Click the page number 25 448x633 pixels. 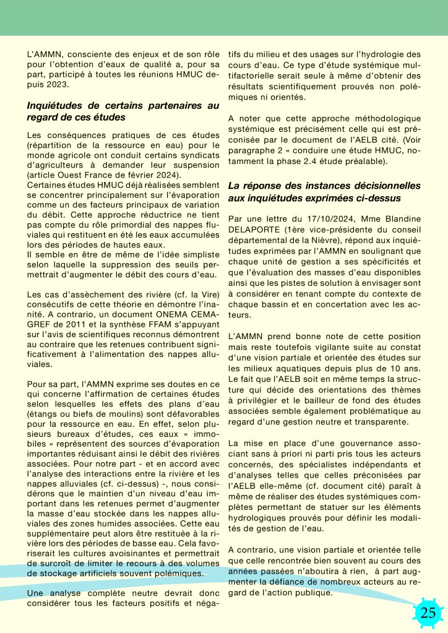428,613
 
